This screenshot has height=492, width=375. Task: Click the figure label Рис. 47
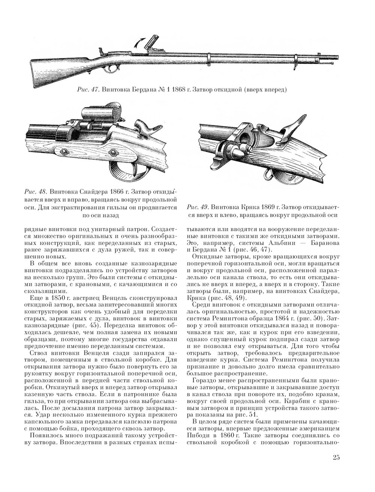coord(87,90)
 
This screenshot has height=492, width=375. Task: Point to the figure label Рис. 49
coord(197,207)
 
